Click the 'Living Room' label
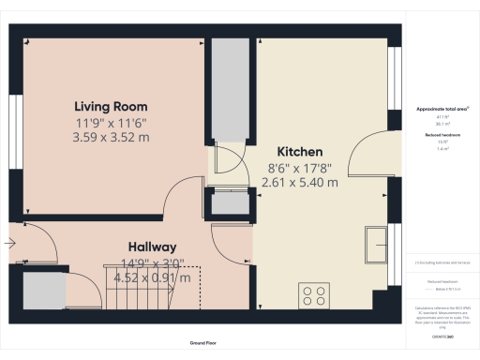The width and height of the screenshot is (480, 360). (x=112, y=107)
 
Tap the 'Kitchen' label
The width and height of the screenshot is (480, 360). (x=300, y=152)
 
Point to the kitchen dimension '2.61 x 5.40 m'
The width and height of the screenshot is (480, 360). (x=299, y=183)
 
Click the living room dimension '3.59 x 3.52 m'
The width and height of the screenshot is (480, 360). (x=112, y=137)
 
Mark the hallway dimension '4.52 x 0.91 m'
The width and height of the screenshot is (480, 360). (x=151, y=277)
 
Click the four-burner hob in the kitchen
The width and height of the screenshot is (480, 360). (x=315, y=296)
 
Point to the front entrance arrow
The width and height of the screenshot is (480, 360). (x=9, y=245)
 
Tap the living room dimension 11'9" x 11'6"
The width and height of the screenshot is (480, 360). (x=112, y=123)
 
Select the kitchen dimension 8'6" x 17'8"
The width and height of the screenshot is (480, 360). (x=300, y=168)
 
